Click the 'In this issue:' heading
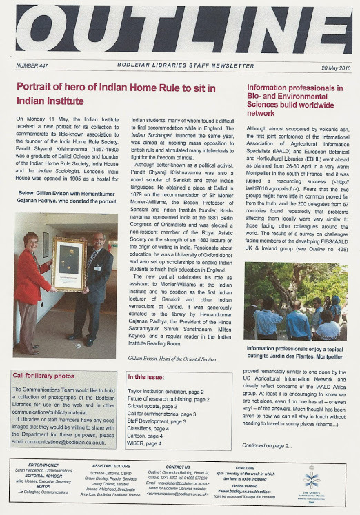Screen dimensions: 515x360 146,377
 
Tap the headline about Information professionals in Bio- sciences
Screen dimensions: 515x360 294,100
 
